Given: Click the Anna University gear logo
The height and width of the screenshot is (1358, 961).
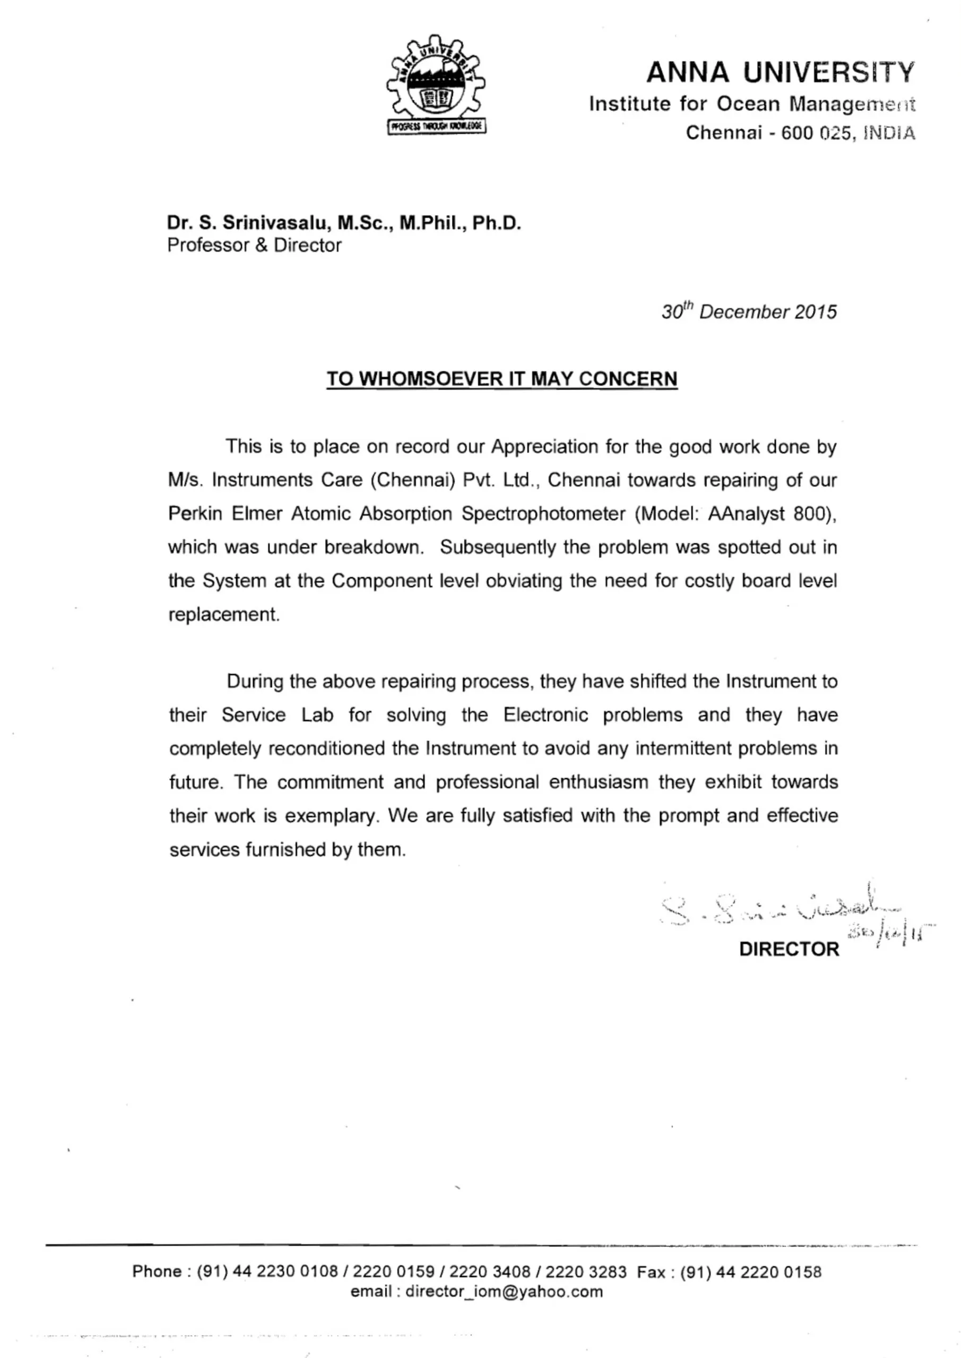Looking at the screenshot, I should [x=436, y=84].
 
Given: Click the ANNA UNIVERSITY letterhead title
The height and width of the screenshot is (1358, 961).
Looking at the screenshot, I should [x=781, y=73].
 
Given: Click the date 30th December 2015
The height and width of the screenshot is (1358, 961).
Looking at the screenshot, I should [x=749, y=312].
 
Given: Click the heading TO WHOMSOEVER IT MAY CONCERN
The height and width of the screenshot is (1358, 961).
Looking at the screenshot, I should [x=502, y=379].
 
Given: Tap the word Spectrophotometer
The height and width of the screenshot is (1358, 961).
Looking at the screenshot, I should [x=543, y=513].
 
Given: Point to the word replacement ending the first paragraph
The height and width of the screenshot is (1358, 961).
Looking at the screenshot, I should [x=224, y=614].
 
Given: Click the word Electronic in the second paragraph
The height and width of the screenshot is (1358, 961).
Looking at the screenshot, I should [x=546, y=715].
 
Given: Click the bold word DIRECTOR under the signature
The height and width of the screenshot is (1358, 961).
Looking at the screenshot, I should [x=789, y=950].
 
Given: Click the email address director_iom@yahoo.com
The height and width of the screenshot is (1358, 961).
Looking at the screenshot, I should [x=504, y=1291].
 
